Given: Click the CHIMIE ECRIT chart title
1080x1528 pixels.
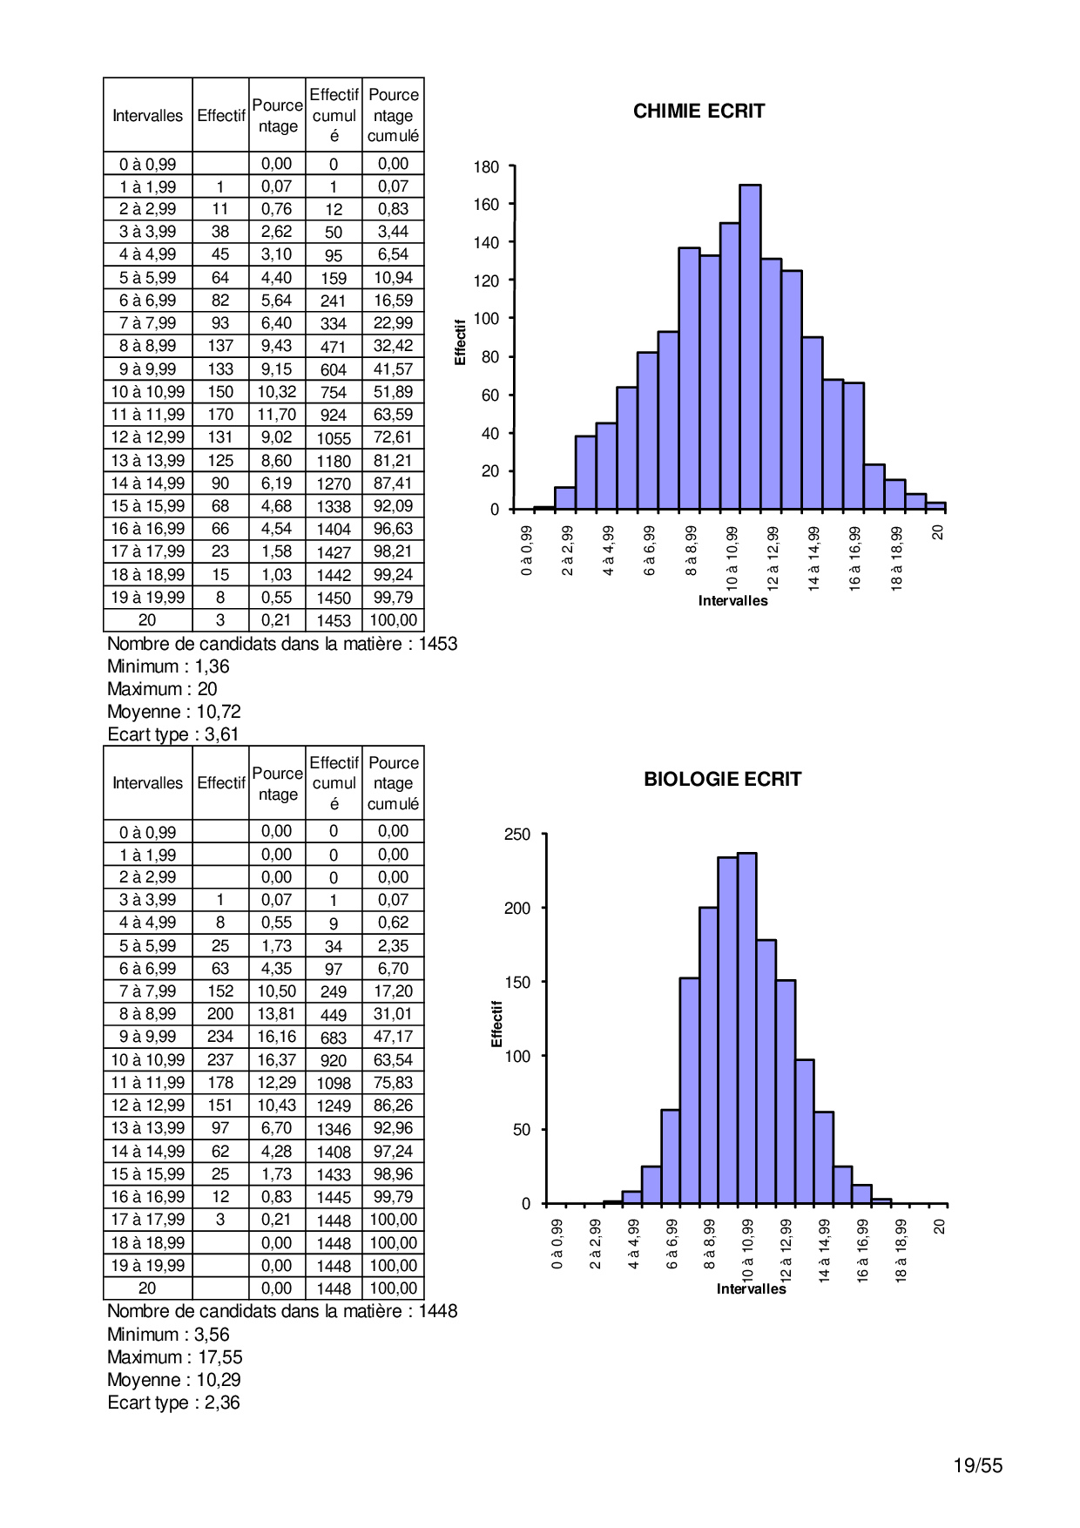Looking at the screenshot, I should click(x=699, y=112).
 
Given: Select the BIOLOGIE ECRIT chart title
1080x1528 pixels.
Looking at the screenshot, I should click(x=722, y=780).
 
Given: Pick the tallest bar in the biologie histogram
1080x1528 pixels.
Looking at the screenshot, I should click(x=746, y=1028).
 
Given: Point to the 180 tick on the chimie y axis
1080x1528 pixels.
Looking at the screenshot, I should click(x=487, y=167).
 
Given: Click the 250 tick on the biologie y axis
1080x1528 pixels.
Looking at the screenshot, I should click(x=517, y=835).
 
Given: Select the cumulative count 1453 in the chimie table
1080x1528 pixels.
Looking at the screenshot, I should click(x=334, y=620).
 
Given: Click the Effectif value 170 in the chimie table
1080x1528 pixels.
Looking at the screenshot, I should click(x=220, y=415).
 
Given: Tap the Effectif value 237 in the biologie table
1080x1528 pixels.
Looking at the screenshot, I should click(x=220, y=1060).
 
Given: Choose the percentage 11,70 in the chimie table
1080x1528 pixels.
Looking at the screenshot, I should click(x=277, y=415).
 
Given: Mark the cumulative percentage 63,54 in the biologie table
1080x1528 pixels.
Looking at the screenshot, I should click(x=393, y=1060).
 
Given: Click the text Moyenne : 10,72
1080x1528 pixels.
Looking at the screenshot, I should click(x=174, y=712).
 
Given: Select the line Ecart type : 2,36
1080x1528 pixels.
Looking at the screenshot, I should click(x=173, y=1403).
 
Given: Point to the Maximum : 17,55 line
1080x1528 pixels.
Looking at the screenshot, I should click(x=175, y=1357).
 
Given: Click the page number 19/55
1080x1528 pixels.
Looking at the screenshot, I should click(x=977, y=1465).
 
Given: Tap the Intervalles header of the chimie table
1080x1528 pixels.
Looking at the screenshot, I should click(x=148, y=116).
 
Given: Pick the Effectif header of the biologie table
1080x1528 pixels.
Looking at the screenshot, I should click(x=221, y=783).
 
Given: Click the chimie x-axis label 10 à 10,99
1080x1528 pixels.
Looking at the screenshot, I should click(x=732, y=558).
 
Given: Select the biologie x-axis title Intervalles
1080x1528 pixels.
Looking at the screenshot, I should click(x=751, y=1288).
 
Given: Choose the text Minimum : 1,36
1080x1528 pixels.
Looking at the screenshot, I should click(x=168, y=666).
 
